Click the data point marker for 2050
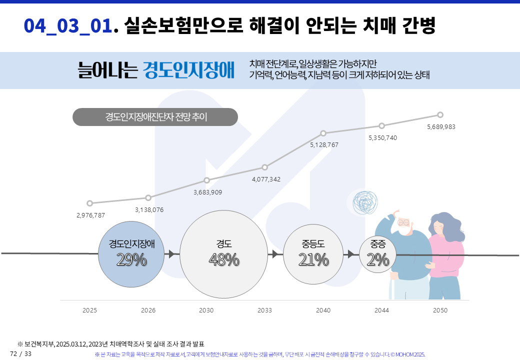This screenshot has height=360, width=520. tap(440, 114)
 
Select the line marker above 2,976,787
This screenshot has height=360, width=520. tap(89, 203)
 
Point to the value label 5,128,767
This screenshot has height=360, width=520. tap(324, 145)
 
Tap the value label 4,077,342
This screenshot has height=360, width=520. tap(266, 179)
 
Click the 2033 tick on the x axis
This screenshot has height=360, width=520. tap(264, 310)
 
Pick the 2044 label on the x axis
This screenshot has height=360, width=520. tap(381, 310)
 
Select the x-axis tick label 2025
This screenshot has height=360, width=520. tap(89, 310)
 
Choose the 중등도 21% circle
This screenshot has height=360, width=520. tap(313, 253)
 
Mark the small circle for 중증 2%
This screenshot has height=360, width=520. tap(377, 254)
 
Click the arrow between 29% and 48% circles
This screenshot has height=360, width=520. tap(171, 254)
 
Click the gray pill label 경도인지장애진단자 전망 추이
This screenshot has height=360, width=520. tap(155, 117)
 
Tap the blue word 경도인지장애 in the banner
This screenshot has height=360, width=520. tap(188, 70)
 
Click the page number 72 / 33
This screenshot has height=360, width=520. tap(20, 354)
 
